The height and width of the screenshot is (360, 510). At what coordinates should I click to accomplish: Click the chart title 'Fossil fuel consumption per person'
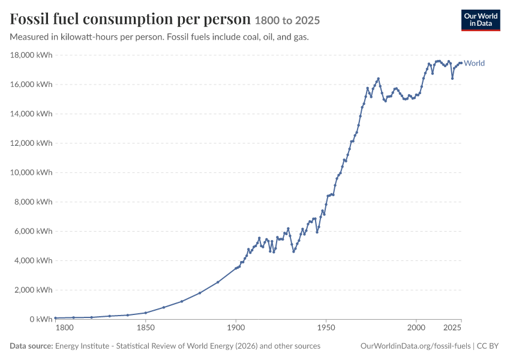(x=130, y=19)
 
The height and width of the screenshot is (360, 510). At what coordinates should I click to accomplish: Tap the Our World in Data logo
(x=481, y=20)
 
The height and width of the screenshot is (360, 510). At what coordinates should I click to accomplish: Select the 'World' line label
(x=474, y=63)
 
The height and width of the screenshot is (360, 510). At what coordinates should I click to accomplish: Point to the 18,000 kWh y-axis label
(x=31, y=55)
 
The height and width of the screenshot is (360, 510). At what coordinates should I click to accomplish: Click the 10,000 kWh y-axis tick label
(x=31, y=172)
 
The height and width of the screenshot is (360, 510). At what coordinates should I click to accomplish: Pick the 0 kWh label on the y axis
(x=41, y=319)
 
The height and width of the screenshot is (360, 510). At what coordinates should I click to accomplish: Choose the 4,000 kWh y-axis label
(x=33, y=260)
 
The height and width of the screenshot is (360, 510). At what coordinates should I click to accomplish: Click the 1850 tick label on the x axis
(x=146, y=328)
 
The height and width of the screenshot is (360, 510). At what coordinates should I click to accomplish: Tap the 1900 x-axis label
(x=236, y=328)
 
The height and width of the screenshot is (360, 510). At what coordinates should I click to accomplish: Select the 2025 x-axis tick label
(x=452, y=328)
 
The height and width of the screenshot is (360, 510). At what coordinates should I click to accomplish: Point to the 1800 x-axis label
(x=64, y=328)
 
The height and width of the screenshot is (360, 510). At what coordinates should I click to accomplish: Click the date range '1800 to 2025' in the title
(x=287, y=20)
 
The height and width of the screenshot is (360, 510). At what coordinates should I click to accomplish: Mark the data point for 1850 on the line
(x=146, y=313)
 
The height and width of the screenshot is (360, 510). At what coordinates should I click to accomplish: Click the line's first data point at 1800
(x=56, y=318)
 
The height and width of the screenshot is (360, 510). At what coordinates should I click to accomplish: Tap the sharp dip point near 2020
(x=452, y=79)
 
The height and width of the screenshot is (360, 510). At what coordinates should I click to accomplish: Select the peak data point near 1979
(x=378, y=79)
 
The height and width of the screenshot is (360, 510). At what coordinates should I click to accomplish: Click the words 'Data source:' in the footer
(x=31, y=346)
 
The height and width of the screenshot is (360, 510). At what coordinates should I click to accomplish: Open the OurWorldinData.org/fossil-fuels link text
(x=415, y=346)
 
